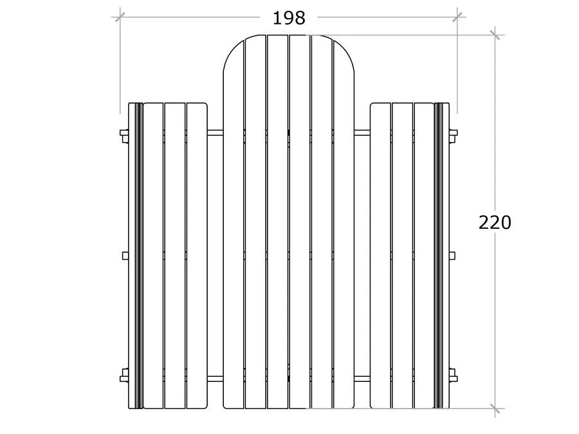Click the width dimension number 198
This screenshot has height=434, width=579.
[289, 18]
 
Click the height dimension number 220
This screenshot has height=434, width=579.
[495, 222]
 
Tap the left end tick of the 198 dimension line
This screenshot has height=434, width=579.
[120, 17]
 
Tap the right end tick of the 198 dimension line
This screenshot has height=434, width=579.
[457, 17]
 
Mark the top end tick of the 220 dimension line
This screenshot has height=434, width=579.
[495, 35]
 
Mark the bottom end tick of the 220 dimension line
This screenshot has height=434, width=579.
[495, 408]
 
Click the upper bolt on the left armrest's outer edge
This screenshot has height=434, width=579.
[124, 135]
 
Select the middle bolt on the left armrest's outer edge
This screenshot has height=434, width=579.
[125, 255]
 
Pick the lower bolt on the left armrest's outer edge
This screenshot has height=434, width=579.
[124, 375]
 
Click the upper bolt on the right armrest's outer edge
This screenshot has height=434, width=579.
[454, 135]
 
